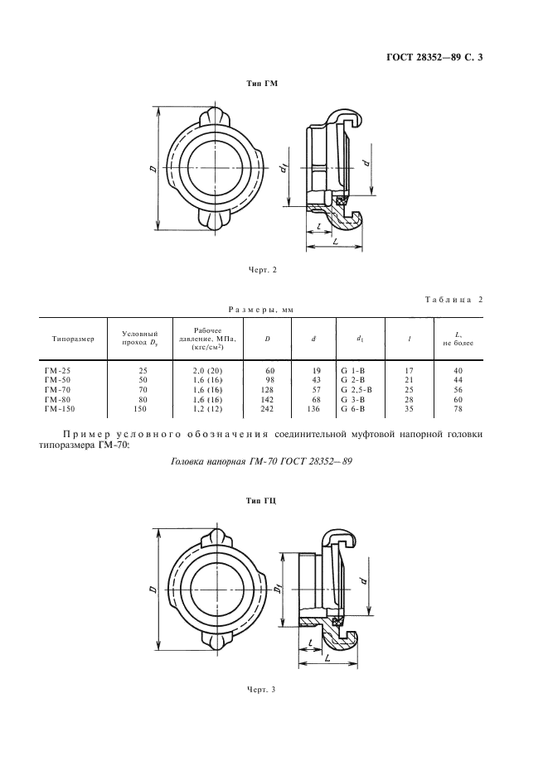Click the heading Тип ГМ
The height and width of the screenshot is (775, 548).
point(263,84)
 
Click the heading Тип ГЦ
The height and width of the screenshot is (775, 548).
point(263,502)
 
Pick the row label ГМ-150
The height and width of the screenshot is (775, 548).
point(59,408)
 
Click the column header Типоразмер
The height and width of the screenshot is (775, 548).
point(73,339)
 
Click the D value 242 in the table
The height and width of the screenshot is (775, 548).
point(269,408)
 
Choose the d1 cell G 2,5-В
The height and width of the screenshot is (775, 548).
point(356,388)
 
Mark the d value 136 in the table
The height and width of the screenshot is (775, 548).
point(313,408)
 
